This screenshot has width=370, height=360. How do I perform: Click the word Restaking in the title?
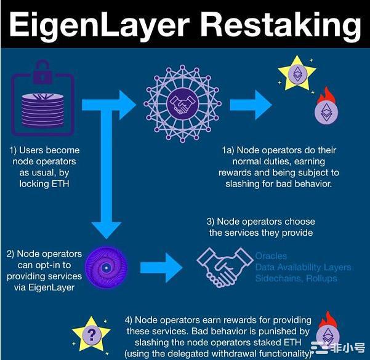pyautogui.click(x=280, y=25)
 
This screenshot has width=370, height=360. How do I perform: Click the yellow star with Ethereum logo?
pyautogui.click(x=297, y=75)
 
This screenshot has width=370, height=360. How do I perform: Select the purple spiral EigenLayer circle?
pyautogui.click(x=107, y=269)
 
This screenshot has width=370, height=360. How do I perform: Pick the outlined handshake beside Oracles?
pyautogui.click(x=225, y=265)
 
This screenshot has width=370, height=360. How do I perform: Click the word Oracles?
pyautogui.click(x=271, y=256)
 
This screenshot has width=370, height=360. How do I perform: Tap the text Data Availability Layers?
pyautogui.click(x=303, y=267)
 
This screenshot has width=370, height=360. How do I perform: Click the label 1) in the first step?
pyautogui.click(x=14, y=150)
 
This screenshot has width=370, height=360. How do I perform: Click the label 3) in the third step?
pyautogui.click(x=211, y=222)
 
